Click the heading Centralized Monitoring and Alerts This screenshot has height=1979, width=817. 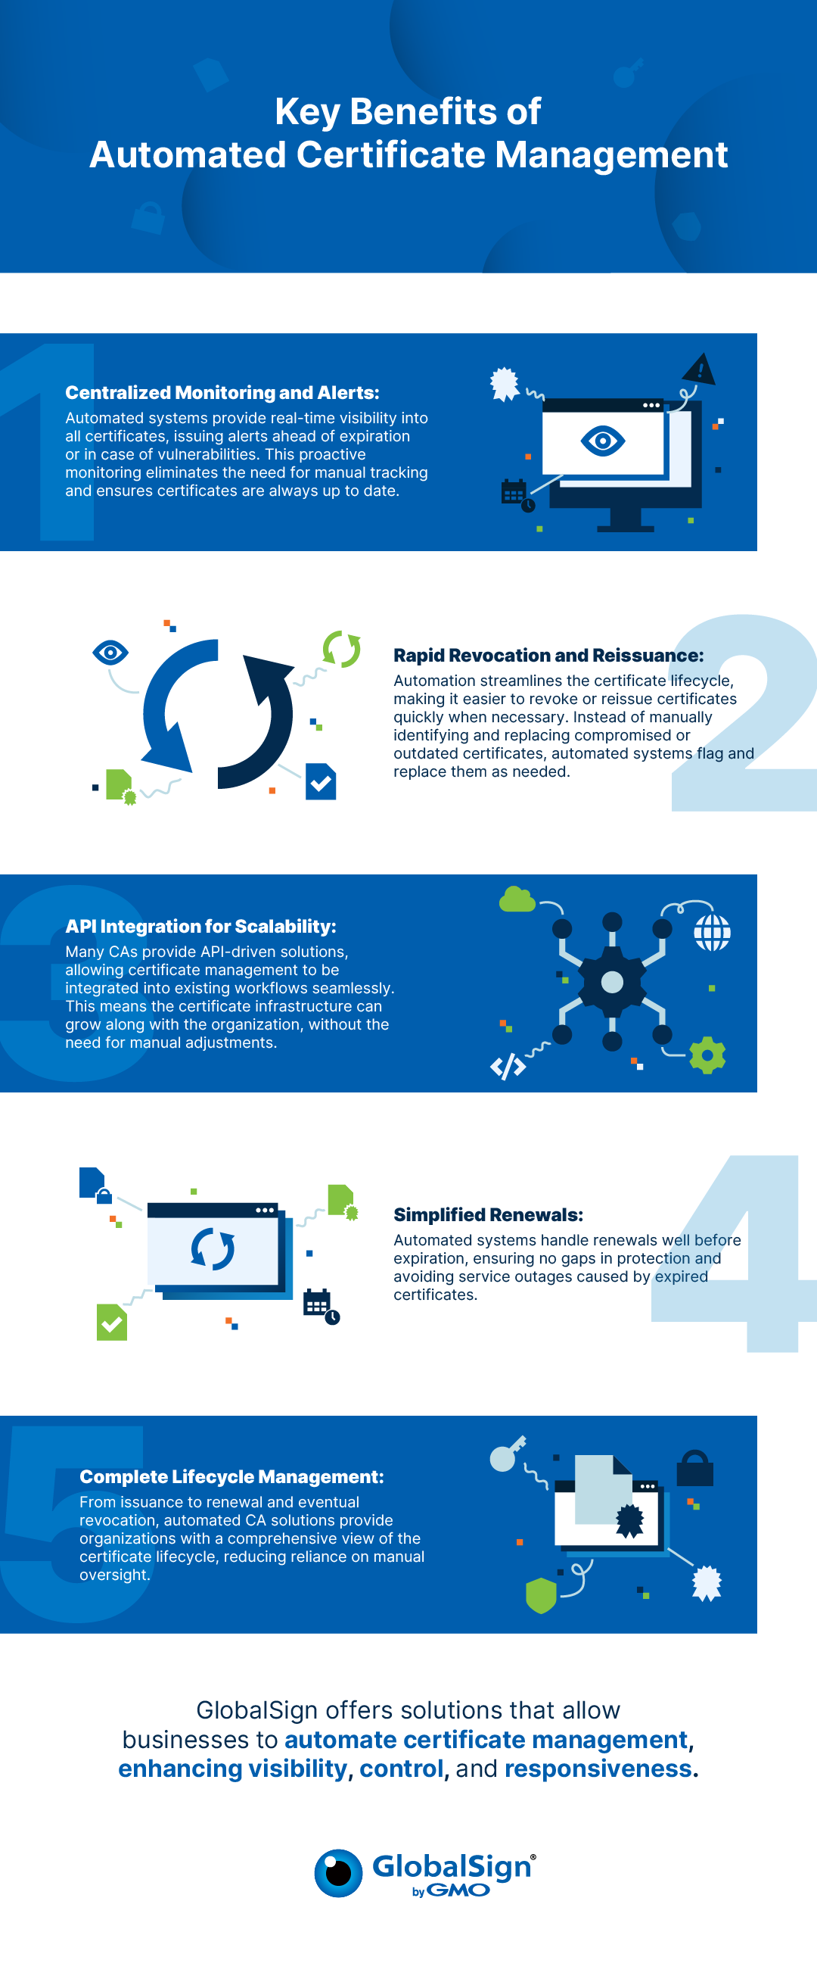coord(222,393)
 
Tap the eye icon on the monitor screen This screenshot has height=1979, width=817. coord(603,441)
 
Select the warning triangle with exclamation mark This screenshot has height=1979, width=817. coord(699,369)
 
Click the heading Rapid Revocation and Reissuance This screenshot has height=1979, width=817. coord(548,656)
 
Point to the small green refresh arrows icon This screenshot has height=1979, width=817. coord(342,649)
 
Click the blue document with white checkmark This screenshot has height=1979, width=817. coord(321,781)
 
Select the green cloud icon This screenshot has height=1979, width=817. coord(517,899)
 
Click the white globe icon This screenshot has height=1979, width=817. coord(712,933)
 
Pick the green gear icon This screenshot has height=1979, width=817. coord(707,1055)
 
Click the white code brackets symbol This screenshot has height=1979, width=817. coord(508,1066)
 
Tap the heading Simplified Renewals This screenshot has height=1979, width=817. coord(489,1214)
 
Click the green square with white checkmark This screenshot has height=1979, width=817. coord(112,1322)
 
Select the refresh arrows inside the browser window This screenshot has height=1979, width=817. coord(213,1249)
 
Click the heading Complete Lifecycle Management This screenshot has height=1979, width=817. coord(231,1476)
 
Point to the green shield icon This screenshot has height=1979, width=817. coord(541,1596)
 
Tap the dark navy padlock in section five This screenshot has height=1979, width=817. coord(695,1467)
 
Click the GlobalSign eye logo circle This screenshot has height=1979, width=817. coord(338,1873)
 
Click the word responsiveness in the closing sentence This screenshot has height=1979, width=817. coord(598,1769)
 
